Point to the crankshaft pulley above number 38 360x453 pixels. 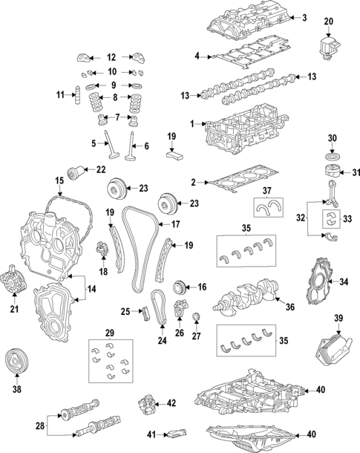(16, 362)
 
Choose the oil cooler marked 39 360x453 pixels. (328, 348)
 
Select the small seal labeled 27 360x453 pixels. (197, 320)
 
